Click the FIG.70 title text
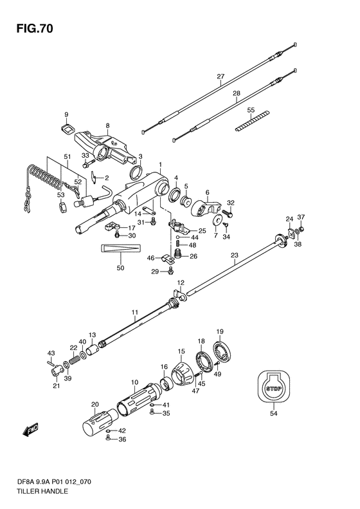point(34,29)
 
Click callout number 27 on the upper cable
point(221,77)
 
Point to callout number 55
point(251,110)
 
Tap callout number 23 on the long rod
point(234,255)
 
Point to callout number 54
point(274,413)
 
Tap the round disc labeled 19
point(222,352)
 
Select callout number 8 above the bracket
point(107,125)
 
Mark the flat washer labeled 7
point(217,221)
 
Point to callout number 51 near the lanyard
point(67,157)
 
